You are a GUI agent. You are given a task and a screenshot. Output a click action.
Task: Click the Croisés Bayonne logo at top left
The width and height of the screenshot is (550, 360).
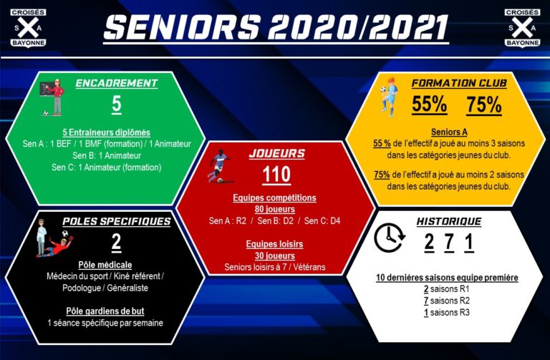(x=28, y=28)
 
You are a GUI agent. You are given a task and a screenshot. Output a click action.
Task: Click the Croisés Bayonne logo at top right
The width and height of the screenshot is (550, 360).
(x=522, y=28)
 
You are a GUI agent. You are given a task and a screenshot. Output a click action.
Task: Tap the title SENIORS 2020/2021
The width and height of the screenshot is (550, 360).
(x=276, y=27)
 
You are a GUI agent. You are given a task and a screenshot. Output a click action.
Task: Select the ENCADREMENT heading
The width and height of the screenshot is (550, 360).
(x=117, y=83)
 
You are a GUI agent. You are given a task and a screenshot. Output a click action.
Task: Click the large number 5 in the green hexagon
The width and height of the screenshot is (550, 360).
(x=117, y=104)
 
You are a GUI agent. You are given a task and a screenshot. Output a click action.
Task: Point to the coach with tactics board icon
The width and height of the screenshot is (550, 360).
(x=52, y=97)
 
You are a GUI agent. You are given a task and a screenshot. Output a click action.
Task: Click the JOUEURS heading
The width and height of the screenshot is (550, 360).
(x=276, y=153)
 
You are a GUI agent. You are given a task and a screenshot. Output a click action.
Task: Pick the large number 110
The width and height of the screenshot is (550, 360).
(x=276, y=174)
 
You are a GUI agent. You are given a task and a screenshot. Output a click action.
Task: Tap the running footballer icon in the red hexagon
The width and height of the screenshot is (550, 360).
(x=220, y=166)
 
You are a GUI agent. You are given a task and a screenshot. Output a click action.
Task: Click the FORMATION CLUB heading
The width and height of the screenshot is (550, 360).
(x=459, y=83)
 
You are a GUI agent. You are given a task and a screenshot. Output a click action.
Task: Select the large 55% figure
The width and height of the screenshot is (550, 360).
(x=430, y=104)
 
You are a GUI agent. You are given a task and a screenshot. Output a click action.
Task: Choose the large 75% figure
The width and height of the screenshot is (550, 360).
(x=484, y=104)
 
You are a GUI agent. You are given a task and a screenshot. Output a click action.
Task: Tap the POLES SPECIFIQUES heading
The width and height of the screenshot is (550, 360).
(x=117, y=222)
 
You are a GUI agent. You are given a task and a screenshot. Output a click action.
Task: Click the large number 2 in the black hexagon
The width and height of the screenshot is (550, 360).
(x=117, y=242)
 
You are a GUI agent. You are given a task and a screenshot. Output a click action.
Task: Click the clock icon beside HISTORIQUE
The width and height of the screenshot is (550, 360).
(x=390, y=238)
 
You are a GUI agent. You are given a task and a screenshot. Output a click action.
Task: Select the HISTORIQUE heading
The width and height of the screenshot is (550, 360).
(x=449, y=222)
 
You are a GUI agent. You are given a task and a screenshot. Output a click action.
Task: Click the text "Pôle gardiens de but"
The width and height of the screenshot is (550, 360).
(x=105, y=311)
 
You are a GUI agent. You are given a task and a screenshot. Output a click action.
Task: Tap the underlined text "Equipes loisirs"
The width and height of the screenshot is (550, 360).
(x=275, y=244)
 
